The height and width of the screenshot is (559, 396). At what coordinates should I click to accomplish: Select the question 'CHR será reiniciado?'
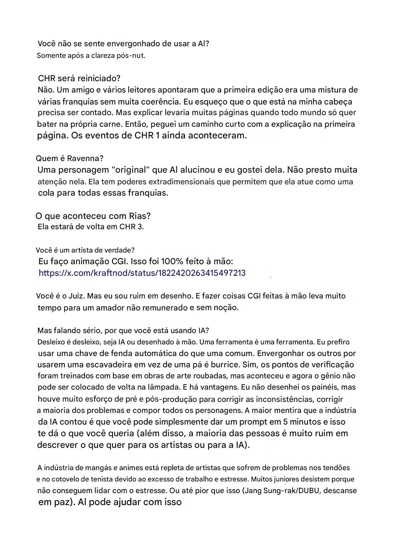79,79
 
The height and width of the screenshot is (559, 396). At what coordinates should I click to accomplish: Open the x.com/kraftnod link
142,273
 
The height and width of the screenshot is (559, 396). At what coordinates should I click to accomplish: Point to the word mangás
96,468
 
